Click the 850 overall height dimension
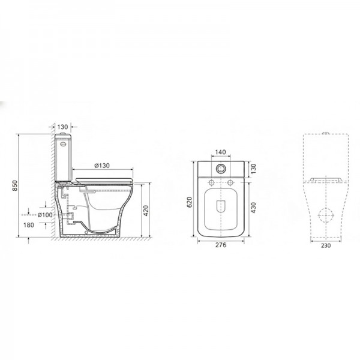[x=14, y=185]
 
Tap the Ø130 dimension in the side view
[x=102, y=166]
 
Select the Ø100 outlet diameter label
[x=45, y=215]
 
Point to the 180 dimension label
[x=29, y=225]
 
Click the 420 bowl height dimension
[x=146, y=211]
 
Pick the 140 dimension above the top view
[x=220, y=152]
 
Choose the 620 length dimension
[x=190, y=202]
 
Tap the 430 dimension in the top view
[x=253, y=208]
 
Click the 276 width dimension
[x=221, y=245]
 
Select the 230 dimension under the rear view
[x=326, y=245]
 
